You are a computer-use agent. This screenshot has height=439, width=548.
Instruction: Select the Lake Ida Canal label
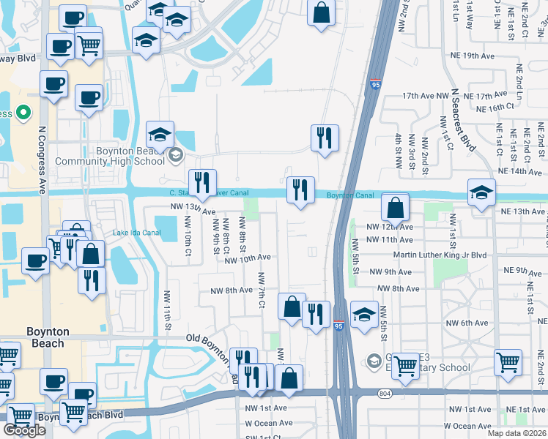137,233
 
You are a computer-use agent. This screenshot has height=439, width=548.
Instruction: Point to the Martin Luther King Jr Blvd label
440,255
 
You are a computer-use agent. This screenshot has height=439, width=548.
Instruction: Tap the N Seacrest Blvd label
462,121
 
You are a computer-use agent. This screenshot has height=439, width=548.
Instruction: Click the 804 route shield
385,394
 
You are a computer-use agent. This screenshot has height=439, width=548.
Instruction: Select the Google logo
25,429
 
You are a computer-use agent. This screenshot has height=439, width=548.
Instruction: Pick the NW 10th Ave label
248,258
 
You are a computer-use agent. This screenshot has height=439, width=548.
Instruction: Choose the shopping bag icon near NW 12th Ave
395,208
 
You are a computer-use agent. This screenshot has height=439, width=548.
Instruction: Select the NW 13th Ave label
193,208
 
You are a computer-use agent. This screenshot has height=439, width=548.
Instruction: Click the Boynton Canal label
350,195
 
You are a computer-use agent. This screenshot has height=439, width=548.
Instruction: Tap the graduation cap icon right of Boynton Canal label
481,193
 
